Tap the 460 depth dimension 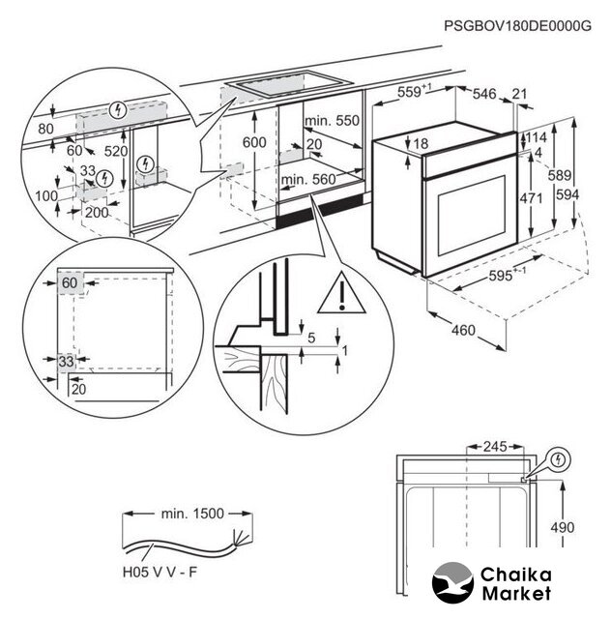pyautogui.click(x=463, y=331)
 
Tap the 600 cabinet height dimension pyautogui.click(x=254, y=141)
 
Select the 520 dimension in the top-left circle pyautogui.click(x=117, y=151)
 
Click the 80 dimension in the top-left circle pyautogui.click(x=45, y=127)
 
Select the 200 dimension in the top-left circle pyautogui.click(x=96, y=212)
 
